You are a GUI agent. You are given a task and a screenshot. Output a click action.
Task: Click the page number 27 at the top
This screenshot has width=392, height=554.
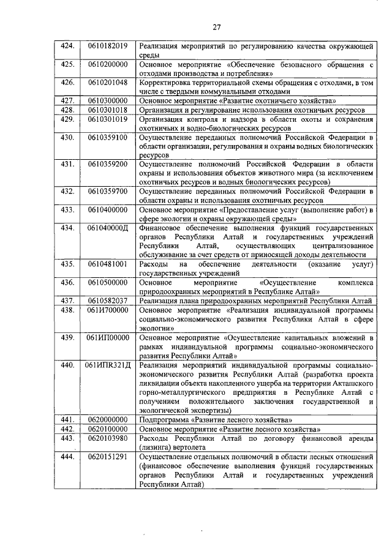click(216, 26)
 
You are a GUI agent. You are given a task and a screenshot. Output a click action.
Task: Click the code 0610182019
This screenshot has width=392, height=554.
click(107, 45)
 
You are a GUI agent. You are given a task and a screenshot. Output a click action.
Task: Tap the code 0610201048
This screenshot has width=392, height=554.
click(107, 82)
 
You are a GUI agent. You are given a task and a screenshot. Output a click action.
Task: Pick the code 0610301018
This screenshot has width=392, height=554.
click(107, 109)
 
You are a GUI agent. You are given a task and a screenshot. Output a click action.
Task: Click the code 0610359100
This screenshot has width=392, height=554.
click(107, 137)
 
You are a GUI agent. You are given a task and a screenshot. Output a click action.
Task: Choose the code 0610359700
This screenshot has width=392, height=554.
click(107, 191)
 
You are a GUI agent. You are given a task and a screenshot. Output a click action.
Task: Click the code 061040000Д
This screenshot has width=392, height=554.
click(107, 228)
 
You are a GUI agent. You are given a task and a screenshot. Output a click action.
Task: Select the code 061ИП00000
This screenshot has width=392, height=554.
click(107, 337)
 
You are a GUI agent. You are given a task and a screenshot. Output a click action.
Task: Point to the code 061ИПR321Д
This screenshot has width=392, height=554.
click(107, 365)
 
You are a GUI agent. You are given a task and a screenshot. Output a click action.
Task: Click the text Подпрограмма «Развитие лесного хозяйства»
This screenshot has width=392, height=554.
click(216, 420)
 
